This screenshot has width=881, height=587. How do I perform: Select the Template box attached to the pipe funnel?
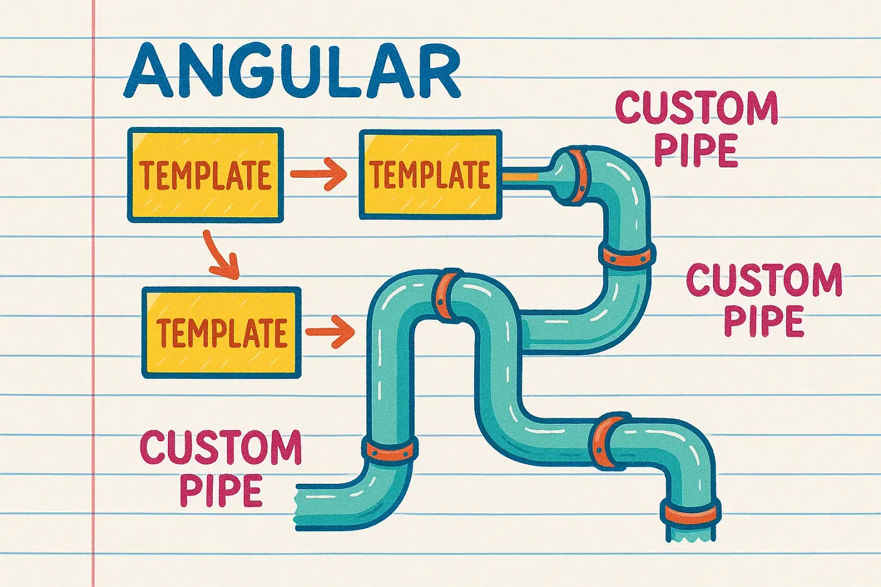pyautogui.click(x=431, y=174)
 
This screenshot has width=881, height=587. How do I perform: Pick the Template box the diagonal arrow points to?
pyautogui.click(x=221, y=332)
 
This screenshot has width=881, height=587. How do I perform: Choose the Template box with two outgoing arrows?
pyautogui.click(x=206, y=174)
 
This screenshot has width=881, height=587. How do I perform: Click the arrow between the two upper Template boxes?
pyautogui.click(x=319, y=174)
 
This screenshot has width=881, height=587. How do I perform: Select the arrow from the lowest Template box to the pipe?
pyautogui.click(x=330, y=332)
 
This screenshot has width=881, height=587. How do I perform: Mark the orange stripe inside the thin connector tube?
pyautogui.click(x=520, y=178)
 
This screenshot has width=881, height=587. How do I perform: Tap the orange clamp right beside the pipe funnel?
pyautogui.click(x=579, y=176)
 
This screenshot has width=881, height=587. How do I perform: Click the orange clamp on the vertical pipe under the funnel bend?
pyautogui.click(x=627, y=254)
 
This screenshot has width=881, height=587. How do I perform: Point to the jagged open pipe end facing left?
pyautogui.click(x=304, y=507)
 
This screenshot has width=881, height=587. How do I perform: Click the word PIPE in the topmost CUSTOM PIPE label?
pyautogui.click(x=695, y=150)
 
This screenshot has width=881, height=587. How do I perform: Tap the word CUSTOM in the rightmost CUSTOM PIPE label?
pyautogui.click(x=764, y=280)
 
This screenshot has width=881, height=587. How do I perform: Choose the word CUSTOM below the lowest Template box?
pyautogui.click(x=221, y=448)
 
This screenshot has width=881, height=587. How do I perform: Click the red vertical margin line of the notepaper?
pyautogui.click(x=93, y=293)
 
